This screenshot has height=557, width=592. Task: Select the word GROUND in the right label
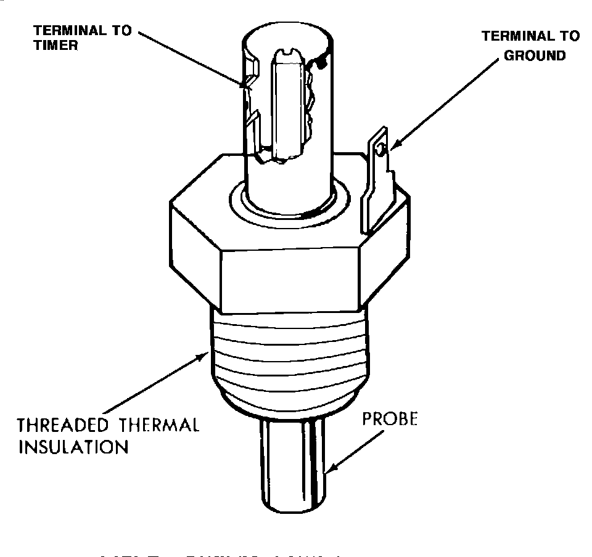[534, 55]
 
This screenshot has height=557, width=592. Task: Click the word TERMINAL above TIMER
[61, 30]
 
